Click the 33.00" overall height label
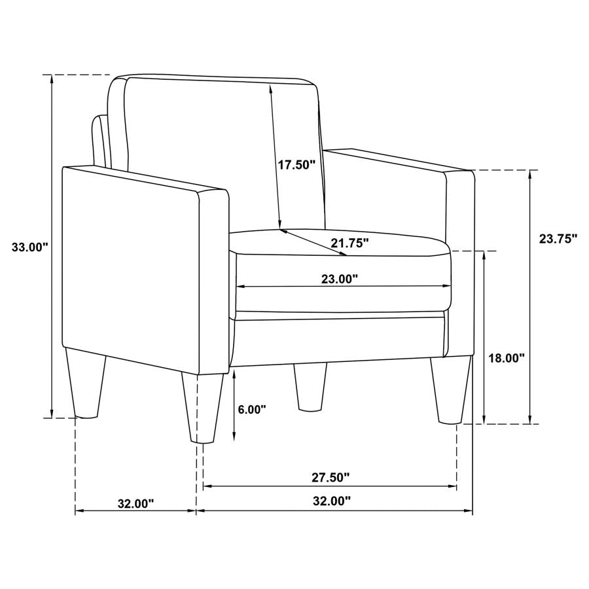point(30,247)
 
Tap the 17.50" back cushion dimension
point(296,165)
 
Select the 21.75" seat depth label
point(349,243)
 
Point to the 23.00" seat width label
point(340,279)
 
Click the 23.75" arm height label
point(558,239)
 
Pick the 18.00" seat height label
point(508,358)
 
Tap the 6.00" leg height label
point(252,410)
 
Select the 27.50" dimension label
point(330,478)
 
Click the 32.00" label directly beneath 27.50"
point(330,502)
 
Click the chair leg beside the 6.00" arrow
point(200,409)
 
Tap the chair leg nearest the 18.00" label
point(451,390)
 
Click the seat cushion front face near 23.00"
point(340,298)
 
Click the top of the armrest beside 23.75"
point(399,161)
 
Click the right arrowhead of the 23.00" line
point(448,287)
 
